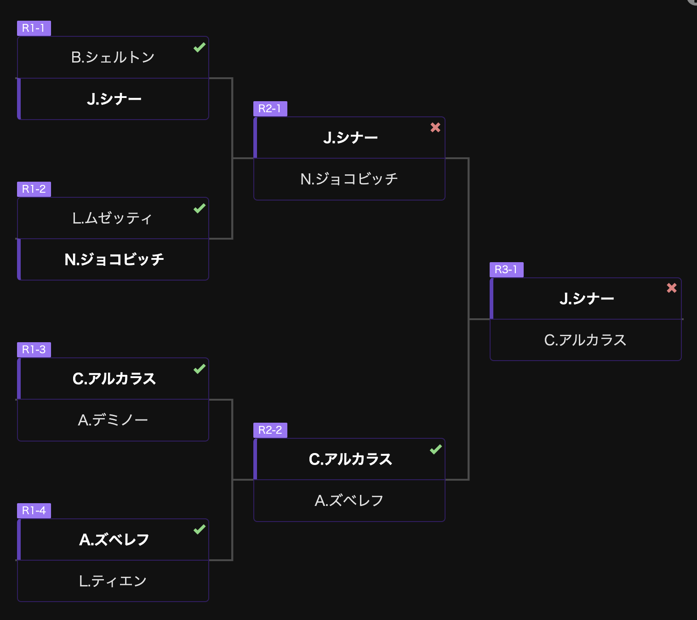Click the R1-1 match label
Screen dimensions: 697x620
pyautogui.click(x=34, y=28)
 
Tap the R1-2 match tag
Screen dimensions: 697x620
pyautogui.click(x=34, y=189)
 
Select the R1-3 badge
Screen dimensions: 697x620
pyautogui.click(x=34, y=350)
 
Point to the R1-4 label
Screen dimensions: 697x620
pyautogui.click(x=34, y=511)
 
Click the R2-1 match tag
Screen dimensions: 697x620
pyautogui.click(x=270, y=109)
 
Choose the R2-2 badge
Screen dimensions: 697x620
pyautogui.click(x=270, y=430)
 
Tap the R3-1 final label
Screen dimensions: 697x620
pyautogui.click(x=506, y=270)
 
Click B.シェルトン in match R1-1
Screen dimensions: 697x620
pyautogui.click(x=113, y=57)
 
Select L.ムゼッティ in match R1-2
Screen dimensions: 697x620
pyautogui.click(x=112, y=218)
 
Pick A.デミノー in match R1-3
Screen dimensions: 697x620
pyautogui.click(x=113, y=420)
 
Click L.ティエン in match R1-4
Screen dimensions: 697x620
pyautogui.click(x=113, y=581)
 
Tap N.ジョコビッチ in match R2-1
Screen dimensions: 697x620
pyautogui.click(x=349, y=179)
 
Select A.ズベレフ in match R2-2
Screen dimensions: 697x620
pyautogui.click(x=349, y=500)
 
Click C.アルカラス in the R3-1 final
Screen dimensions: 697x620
pyautogui.click(x=585, y=340)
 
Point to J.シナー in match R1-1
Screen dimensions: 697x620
pyautogui.click(x=114, y=99)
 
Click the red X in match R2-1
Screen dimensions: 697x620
pyautogui.click(x=435, y=128)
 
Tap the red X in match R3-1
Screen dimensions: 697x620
pyautogui.click(x=672, y=288)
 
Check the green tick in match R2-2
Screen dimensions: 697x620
pyautogui.click(x=435, y=449)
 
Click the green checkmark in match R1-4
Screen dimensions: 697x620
pyautogui.click(x=199, y=529)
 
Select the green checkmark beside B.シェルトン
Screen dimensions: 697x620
pyautogui.click(x=199, y=47)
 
